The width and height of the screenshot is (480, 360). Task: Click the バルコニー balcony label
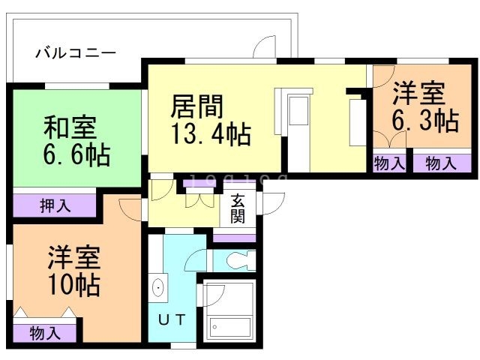76,53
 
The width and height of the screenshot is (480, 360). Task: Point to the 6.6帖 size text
75,156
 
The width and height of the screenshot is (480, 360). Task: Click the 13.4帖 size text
211,136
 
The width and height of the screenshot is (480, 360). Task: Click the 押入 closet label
54,205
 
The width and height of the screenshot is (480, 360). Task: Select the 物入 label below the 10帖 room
45,333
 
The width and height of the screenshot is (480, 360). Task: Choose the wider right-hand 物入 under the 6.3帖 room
440,163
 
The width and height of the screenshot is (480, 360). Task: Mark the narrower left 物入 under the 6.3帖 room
389,163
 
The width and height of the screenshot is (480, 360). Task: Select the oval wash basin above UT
159,288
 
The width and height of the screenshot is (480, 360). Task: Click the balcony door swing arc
263,48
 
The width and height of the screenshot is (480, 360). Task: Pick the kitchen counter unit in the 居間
298,127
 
